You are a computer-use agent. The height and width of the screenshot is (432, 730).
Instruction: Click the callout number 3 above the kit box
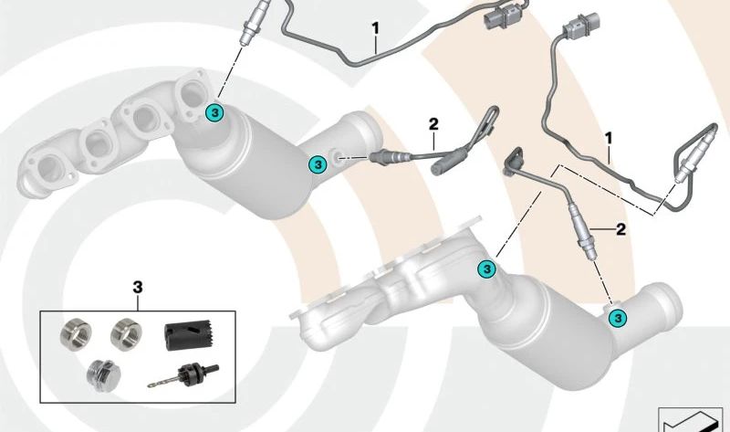pos(138,288)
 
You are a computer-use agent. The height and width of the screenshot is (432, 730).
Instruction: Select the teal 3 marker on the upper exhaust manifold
pos(214,112)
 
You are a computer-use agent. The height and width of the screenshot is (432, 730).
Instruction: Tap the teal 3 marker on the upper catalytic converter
pos(317,164)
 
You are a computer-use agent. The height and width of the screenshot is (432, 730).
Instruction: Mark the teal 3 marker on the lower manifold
pos(486,269)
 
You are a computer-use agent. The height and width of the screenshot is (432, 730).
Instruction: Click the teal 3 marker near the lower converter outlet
pos(618,317)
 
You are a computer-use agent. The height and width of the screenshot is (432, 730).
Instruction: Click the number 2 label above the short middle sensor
pos(433,123)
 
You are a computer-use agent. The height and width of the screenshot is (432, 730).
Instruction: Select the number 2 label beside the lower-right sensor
pos(620,228)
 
